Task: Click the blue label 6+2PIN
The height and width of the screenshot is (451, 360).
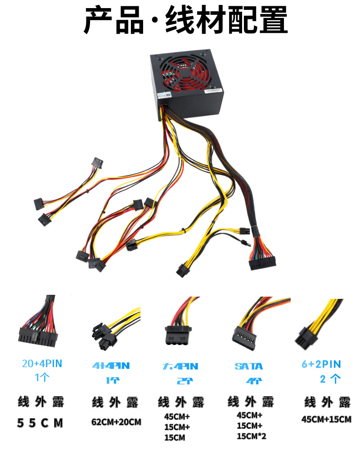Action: point(321,364)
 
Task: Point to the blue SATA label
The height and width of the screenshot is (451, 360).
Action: point(249,366)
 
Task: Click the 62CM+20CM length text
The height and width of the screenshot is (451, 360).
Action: point(116,422)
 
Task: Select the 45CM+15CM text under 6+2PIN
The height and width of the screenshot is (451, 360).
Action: point(326,419)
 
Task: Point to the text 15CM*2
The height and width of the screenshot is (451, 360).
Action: point(252,436)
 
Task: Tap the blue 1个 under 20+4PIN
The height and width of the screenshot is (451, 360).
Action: point(42,377)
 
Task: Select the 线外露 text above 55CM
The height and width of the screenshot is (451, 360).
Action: point(41,401)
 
